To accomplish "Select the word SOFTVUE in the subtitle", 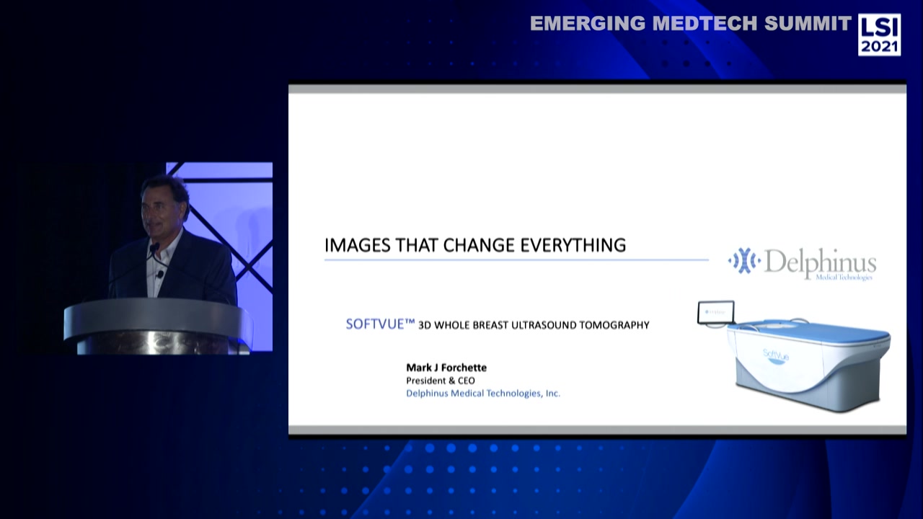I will [x=376, y=324].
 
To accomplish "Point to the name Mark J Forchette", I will [x=446, y=368].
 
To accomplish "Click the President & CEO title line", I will [x=441, y=381].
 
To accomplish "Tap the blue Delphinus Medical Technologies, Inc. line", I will [x=483, y=394].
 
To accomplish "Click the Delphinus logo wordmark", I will [x=820, y=263].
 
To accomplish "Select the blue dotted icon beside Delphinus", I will [x=743, y=261].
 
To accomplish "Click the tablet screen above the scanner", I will [x=716, y=312].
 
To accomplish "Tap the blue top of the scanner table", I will [x=808, y=332].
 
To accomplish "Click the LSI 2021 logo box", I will [x=879, y=34].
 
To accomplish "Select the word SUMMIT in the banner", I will [x=808, y=24].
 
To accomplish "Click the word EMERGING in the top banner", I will [x=588, y=24].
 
